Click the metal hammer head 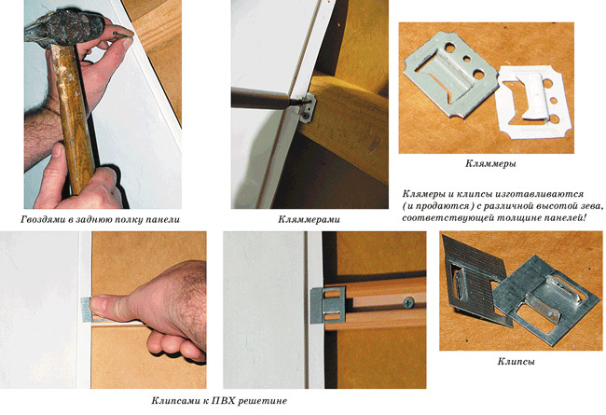pos(64,28)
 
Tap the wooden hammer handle pos(75,116)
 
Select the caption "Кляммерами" pos(309,220)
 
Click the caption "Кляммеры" pos(490,163)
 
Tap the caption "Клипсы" pos(516,362)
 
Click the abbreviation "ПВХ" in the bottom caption pos(223,400)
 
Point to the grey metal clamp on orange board pos(449,75)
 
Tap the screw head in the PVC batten pos(408,302)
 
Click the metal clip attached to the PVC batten pos(327,306)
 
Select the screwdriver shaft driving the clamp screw pos(268,98)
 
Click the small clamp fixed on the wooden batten pos(308,109)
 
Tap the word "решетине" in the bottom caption pos(262,401)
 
